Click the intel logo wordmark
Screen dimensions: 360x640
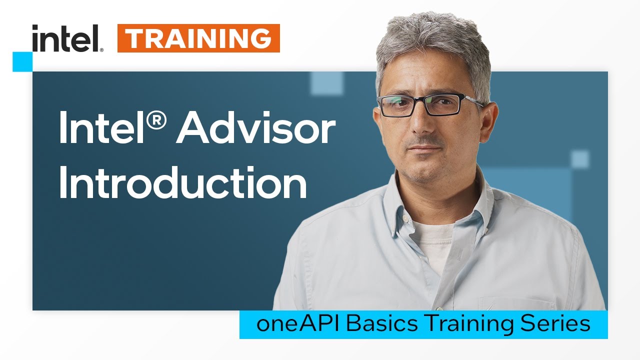[67, 38]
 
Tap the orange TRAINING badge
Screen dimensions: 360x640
[198, 38]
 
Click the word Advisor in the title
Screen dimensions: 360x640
[255, 129]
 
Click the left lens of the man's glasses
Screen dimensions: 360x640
[400, 105]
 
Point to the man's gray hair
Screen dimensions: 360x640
[430, 40]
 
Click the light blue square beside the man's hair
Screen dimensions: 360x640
[327, 83]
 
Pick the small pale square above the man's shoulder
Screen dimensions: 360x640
[580, 159]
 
